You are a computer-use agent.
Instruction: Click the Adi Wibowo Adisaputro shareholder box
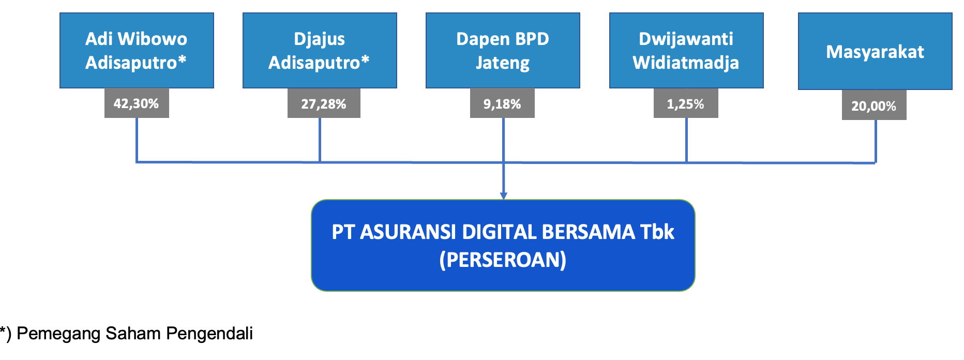tap(137, 50)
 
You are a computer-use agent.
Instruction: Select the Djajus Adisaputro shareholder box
tap(320, 50)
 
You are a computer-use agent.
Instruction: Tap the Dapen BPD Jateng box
tap(503, 50)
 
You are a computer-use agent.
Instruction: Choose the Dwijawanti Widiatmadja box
tap(686, 50)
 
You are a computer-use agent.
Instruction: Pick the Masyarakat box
tap(875, 51)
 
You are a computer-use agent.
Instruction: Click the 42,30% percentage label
tap(137, 103)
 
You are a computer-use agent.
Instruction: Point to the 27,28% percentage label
tap(324, 103)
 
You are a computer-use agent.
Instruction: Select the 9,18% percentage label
tap(502, 103)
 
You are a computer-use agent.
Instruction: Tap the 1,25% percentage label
tap(686, 103)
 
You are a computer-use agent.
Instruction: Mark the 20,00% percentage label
tap(874, 106)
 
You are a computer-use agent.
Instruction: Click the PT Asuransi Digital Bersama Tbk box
tap(503, 246)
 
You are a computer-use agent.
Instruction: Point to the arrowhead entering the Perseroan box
tap(503, 196)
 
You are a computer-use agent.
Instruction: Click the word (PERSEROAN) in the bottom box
tap(503, 260)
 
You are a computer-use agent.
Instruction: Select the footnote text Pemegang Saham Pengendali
tap(134, 334)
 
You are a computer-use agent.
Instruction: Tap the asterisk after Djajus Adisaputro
tap(365, 59)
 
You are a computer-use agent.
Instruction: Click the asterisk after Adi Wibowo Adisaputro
tap(182, 59)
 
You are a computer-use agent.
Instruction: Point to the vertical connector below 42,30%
tap(137, 140)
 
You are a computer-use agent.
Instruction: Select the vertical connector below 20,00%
tap(876, 142)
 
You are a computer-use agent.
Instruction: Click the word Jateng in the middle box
tap(503, 63)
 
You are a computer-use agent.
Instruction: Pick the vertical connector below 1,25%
tap(686, 140)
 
